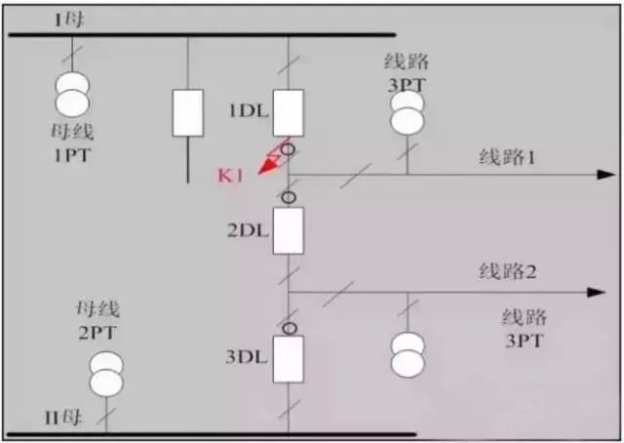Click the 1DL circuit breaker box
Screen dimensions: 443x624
pos(289,112)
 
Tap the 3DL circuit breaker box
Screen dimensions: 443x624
pos(289,359)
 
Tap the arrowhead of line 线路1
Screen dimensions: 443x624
pos(600,176)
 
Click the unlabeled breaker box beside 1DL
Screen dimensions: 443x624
pos(187,113)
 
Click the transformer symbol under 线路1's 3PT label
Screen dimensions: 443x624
pos(409,113)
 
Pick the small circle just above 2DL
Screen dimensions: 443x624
pos(288,197)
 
